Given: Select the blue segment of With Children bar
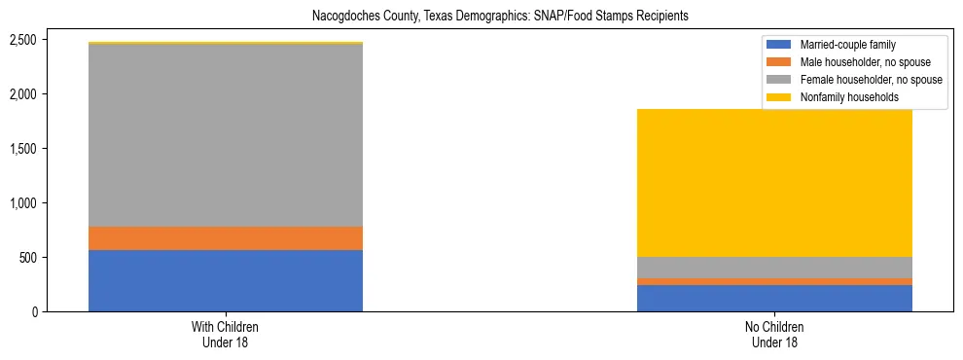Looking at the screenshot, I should coord(226,280).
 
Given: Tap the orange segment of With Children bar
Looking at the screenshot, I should coord(226,238).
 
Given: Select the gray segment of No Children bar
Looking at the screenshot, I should coord(774,268).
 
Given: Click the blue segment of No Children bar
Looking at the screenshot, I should coord(774,298).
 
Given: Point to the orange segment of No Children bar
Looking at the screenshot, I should coord(774,281).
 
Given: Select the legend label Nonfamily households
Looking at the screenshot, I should coord(843,97).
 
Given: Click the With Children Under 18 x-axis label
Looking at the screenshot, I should coord(226,334).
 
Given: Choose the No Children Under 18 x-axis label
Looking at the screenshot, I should coord(774,334).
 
